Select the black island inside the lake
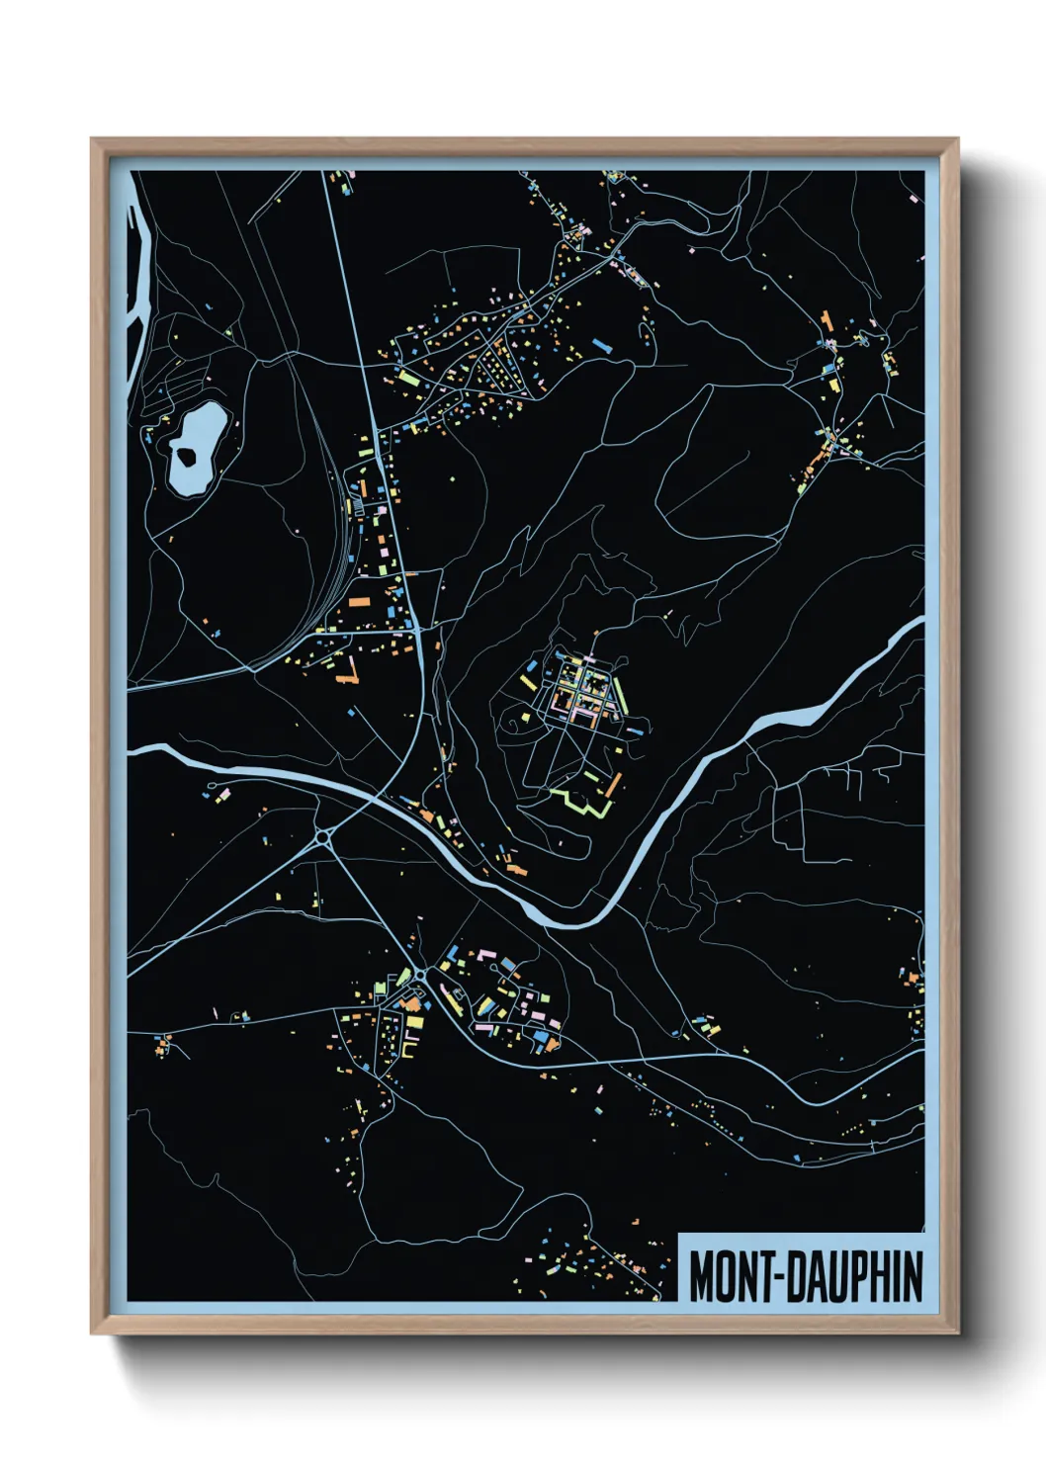184,456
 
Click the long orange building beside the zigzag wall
614,786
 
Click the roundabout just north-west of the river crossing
323,838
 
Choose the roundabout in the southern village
420,976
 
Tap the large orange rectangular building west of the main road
358,600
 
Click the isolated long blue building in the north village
601,345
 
